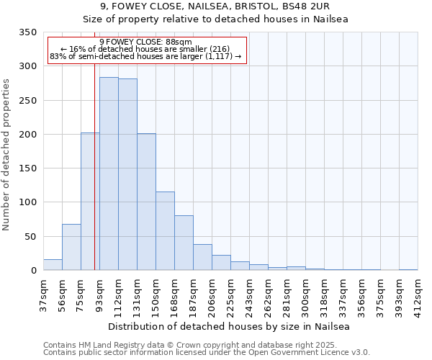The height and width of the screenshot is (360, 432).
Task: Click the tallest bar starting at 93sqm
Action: (x=109, y=174)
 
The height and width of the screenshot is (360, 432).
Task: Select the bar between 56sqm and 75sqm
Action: (x=71, y=247)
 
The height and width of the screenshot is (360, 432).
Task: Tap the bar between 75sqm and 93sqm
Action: (x=90, y=202)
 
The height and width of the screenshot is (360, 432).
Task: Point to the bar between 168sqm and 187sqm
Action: (x=184, y=243)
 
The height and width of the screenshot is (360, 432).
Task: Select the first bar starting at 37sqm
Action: (x=53, y=264)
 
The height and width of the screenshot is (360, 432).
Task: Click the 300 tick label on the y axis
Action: (x=27, y=66)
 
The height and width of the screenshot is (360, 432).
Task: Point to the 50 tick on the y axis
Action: (x=30, y=236)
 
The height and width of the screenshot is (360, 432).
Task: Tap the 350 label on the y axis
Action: (x=27, y=32)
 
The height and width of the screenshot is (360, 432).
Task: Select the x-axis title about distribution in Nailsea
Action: (x=230, y=327)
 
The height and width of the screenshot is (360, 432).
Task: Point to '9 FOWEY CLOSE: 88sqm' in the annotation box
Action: (x=146, y=42)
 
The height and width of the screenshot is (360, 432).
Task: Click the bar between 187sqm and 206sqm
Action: (x=202, y=257)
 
